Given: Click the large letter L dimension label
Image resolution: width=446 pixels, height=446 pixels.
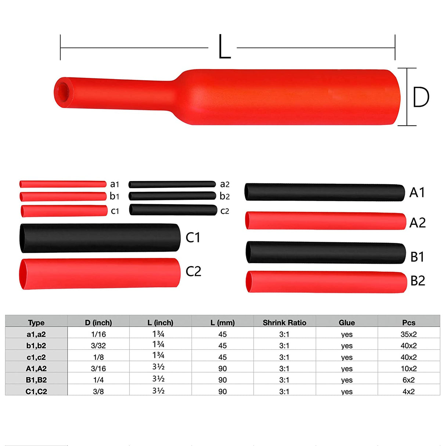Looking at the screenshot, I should pos(224,47).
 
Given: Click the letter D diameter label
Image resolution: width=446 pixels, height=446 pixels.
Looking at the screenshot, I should pos(421,97).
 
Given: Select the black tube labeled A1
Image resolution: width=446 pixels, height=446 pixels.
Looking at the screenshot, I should pos(325,193).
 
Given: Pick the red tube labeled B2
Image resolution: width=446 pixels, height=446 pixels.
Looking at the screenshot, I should pos(326,282).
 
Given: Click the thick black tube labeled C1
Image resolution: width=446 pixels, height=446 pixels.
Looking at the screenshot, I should pos(100,238).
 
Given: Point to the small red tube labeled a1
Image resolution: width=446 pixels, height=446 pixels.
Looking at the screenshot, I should pos(63,184).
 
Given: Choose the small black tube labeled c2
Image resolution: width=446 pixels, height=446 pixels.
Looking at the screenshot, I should pos(173,210).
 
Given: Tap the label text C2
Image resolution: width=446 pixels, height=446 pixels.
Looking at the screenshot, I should pos(193,271).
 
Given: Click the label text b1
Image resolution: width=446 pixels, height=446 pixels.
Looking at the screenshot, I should pos(115,196).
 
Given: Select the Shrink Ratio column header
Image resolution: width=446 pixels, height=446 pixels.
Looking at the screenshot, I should pos(284,323).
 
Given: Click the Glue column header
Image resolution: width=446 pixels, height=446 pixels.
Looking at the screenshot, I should pos(346,323).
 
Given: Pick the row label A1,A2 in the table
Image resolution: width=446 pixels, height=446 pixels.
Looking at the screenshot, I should pos(36,368).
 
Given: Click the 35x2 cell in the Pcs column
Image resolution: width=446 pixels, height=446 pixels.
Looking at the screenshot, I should pos(409,334).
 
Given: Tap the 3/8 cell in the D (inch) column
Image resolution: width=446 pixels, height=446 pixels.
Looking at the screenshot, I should pos(98,392).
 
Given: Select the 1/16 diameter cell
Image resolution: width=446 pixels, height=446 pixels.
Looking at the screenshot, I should pos(98,334).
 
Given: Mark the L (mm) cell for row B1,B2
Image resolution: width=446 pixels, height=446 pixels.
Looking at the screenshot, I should pos(223,380).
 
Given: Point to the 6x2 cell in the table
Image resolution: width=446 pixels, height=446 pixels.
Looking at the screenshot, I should pos(409,380).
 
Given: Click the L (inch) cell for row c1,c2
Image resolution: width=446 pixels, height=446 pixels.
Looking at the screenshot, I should pos(158,356).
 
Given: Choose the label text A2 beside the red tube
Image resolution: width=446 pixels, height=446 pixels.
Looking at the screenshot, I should pos(417,223).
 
